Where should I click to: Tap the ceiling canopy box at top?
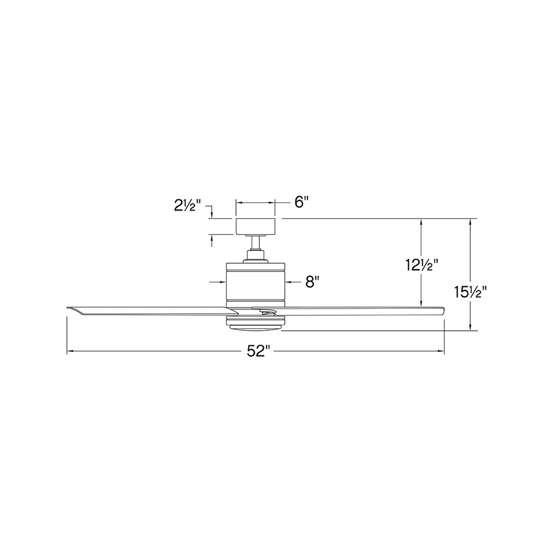coord(255,227)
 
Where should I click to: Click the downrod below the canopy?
coord(255,242)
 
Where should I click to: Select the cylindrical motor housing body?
coord(255,284)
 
